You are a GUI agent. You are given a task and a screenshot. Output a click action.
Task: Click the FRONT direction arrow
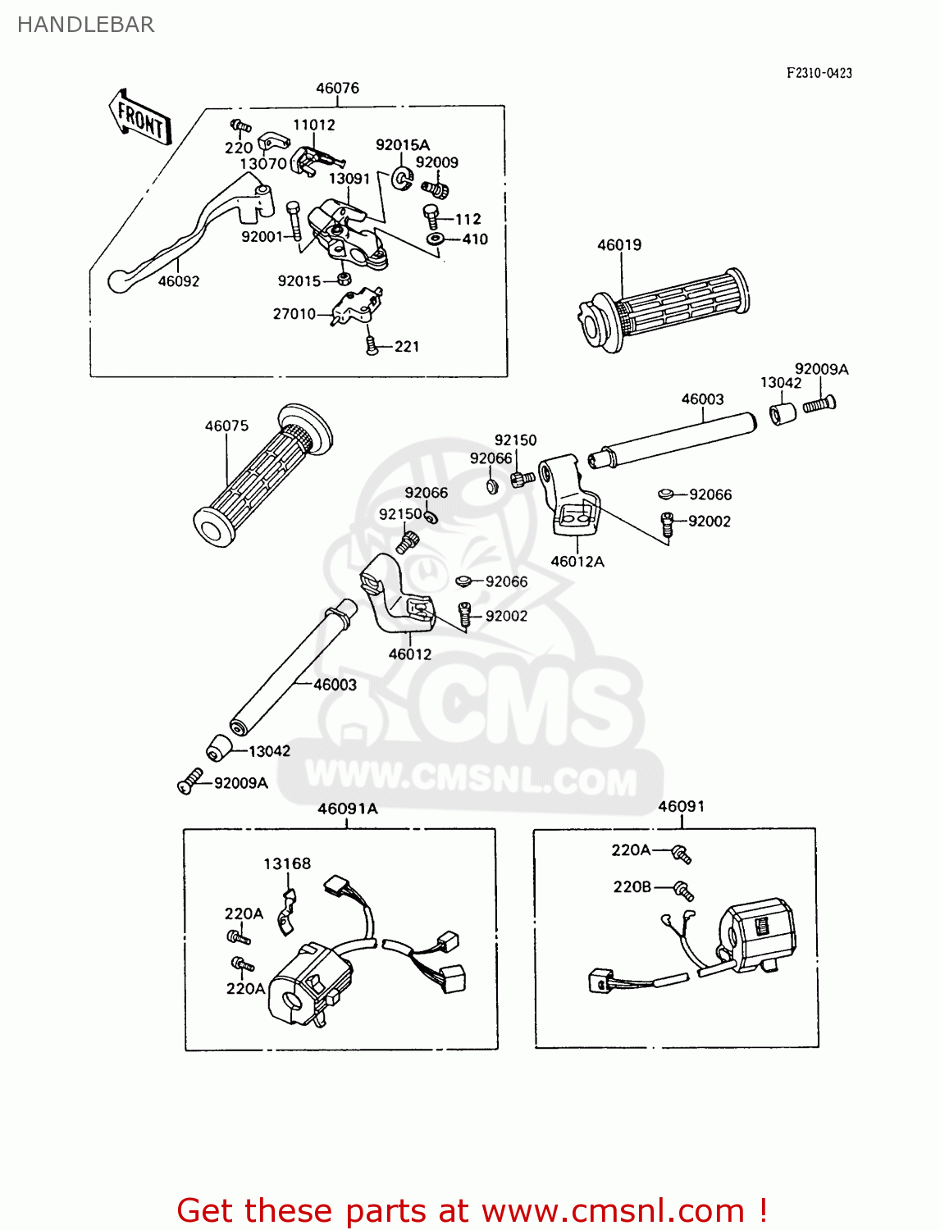tap(139, 120)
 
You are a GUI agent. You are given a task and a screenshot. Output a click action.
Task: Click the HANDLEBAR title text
tap(85, 25)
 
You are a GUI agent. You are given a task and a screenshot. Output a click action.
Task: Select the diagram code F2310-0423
tap(819, 73)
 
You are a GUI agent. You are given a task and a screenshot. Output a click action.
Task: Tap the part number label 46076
tap(337, 88)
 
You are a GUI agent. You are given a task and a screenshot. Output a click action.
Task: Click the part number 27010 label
tap(294, 314)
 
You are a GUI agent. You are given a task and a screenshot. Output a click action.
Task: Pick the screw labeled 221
tap(372, 346)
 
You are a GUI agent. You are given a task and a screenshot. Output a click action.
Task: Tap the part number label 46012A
tap(577, 562)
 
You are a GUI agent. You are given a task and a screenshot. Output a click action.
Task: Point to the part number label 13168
tap(287, 863)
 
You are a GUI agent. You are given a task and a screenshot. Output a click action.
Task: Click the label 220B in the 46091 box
tap(632, 886)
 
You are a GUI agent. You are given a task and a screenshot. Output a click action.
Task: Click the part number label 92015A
tap(402, 145)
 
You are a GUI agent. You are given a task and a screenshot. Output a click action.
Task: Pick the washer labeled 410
tap(435, 239)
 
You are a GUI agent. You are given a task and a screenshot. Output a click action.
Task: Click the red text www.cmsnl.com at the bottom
tap(611, 1210)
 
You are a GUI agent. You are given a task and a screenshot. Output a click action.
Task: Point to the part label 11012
tap(314, 125)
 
